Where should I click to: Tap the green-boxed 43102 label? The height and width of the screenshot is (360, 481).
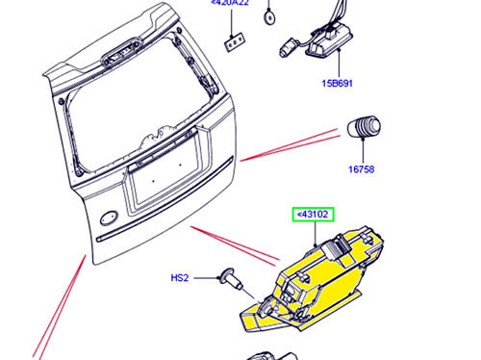click(x=311, y=215)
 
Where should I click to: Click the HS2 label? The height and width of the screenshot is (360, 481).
click(x=180, y=278)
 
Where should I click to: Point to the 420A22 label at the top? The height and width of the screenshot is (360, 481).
click(x=230, y=4)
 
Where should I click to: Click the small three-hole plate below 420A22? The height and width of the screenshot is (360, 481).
click(x=233, y=41)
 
